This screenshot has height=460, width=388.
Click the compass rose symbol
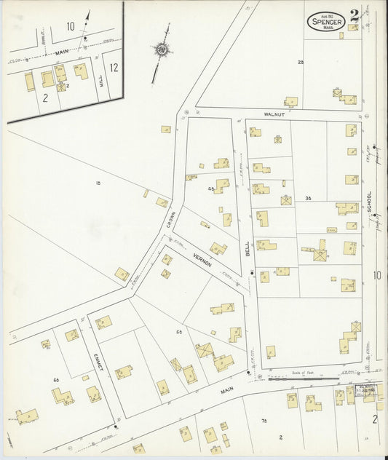pos(160,49)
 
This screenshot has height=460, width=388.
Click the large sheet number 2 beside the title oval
pos(354,15)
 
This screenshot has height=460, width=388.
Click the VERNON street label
pos(202,258)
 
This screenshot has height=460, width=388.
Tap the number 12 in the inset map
pos(113,67)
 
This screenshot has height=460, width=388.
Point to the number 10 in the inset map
pos(71,26)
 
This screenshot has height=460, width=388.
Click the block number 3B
pos(308,198)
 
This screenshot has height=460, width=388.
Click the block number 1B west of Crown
pos(98,183)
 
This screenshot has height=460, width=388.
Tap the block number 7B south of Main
pos(264,421)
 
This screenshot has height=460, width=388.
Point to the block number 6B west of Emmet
pos(55,380)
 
